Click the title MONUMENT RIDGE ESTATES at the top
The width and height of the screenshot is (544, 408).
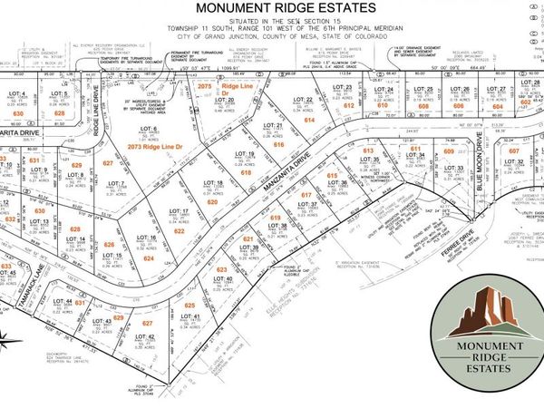[271, 11]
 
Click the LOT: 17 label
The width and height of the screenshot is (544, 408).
[179, 211]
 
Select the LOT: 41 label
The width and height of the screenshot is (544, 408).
[189, 316]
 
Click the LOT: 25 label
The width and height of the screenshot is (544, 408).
[423, 89]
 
